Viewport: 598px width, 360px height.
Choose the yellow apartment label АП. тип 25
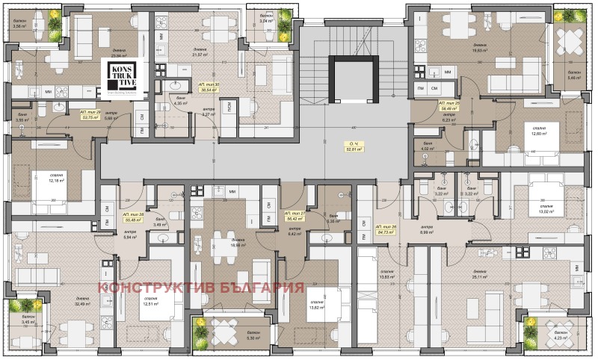(x=449, y=104)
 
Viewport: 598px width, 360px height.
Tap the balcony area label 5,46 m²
(x=574, y=77)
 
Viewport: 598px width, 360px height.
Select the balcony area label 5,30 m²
(x=231, y=338)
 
